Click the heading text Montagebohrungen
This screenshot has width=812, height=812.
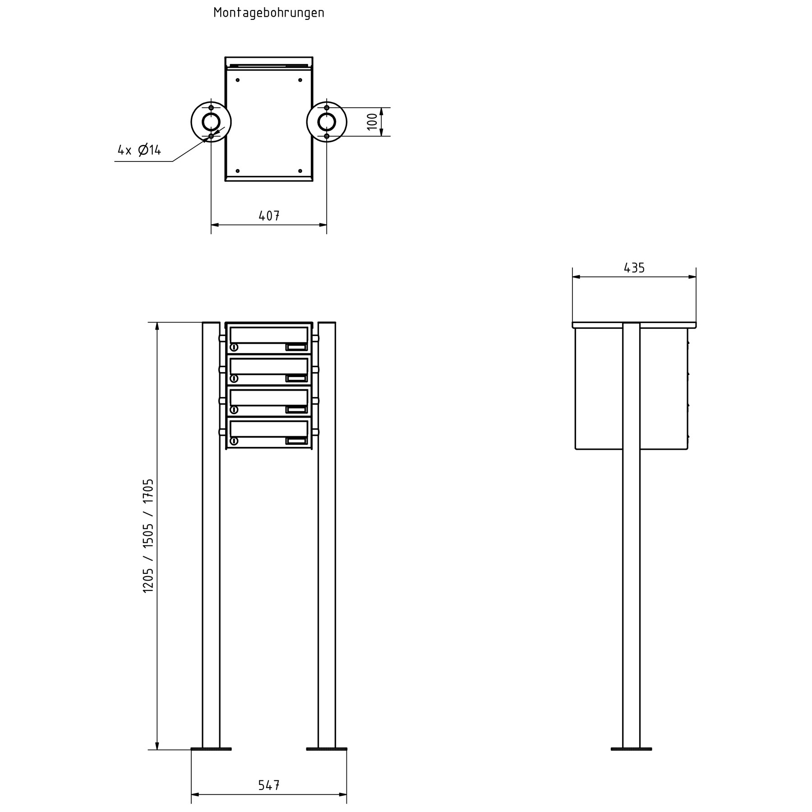pos(269,13)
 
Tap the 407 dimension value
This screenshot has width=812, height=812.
pos(269,216)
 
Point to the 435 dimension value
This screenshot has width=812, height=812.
pos(634,268)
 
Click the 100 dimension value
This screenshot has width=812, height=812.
pos(372,122)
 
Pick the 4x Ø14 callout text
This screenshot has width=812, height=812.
pos(139,150)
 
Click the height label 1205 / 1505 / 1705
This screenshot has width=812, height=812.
pos(148,536)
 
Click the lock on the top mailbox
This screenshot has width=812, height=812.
pos(234,347)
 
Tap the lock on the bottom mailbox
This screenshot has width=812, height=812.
pos(234,441)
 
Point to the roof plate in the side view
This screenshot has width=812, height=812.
pos(634,325)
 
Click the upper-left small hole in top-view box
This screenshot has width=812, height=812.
pos(238,80)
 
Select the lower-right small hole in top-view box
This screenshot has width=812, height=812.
pos(300,171)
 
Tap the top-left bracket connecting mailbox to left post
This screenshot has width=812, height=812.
pos(222,338)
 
